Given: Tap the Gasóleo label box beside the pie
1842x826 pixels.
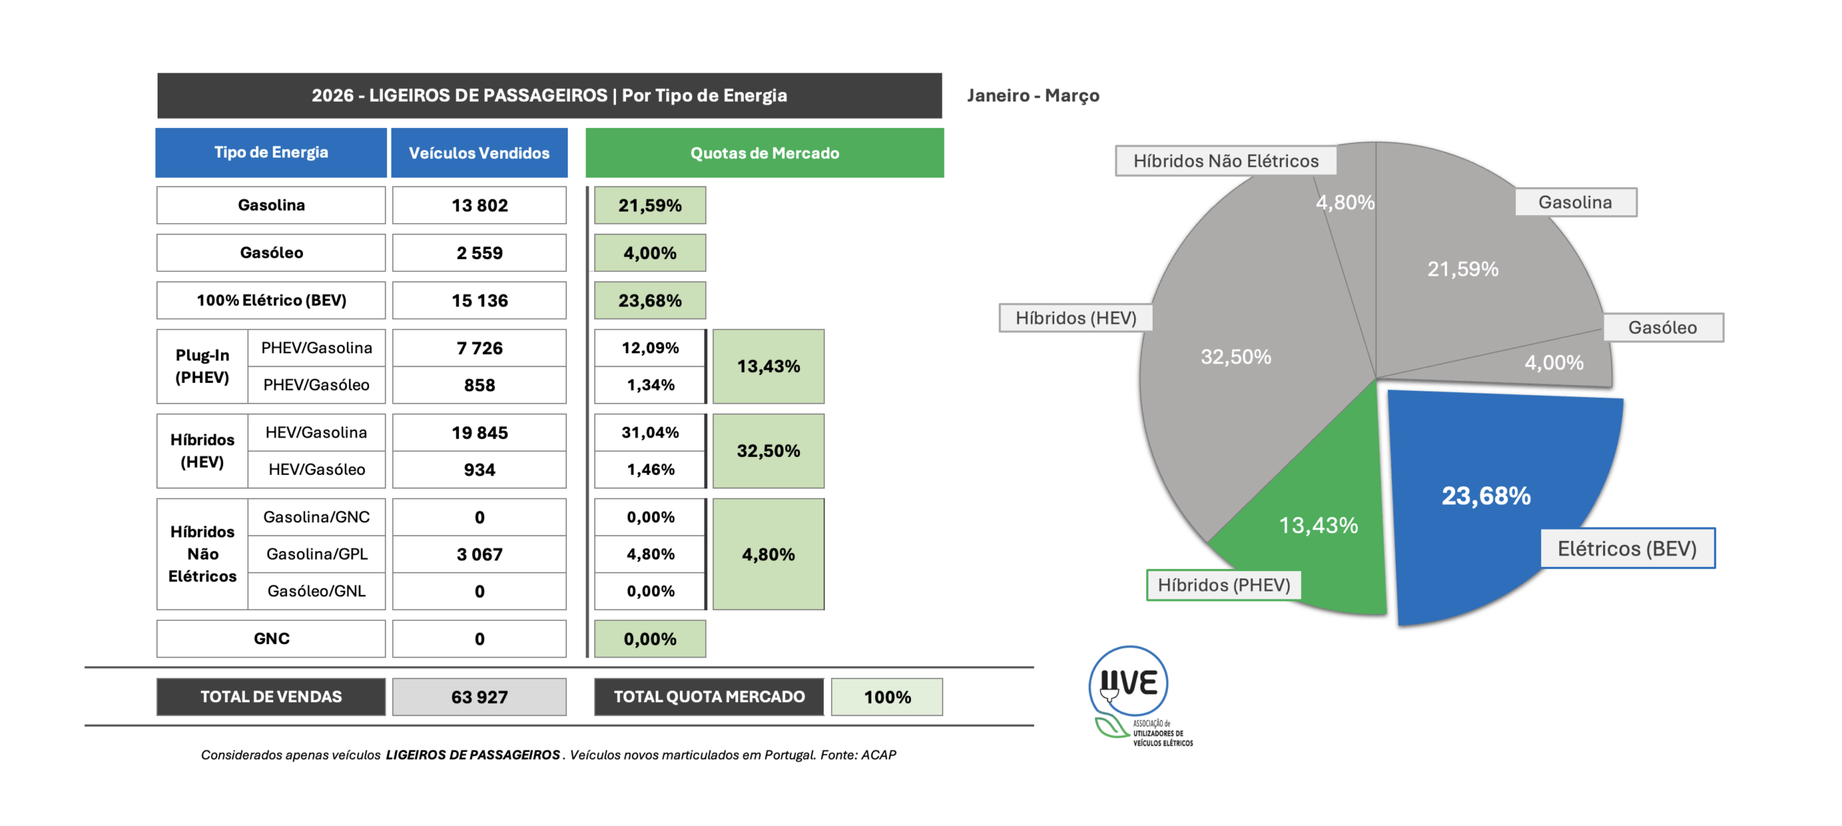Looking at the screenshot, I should (1662, 327).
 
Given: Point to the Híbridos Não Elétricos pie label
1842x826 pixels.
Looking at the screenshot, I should (1225, 160).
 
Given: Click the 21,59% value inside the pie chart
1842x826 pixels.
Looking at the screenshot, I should (1463, 269).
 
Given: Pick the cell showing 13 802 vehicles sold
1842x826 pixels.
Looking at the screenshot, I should (479, 206).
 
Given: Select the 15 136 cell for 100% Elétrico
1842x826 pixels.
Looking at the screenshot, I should (479, 301).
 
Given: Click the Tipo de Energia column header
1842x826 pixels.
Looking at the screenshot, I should (271, 153).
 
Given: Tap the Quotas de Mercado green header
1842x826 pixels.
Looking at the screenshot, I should (764, 153).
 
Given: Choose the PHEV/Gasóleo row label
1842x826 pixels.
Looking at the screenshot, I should (316, 385).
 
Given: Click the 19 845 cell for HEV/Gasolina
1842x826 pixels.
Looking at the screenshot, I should (479, 432).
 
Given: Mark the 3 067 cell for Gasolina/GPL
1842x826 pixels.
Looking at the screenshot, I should (479, 554).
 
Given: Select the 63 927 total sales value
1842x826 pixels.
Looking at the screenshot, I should (479, 697).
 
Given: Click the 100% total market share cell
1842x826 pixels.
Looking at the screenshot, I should (886, 697).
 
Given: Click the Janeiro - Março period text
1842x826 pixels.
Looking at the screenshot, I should (1033, 96).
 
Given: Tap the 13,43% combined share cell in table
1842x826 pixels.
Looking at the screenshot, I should (768, 366).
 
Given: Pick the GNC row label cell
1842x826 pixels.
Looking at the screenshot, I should (271, 639).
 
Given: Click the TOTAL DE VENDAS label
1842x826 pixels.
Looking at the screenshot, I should (271, 696).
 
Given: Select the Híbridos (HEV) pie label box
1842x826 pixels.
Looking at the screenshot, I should (1076, 318).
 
